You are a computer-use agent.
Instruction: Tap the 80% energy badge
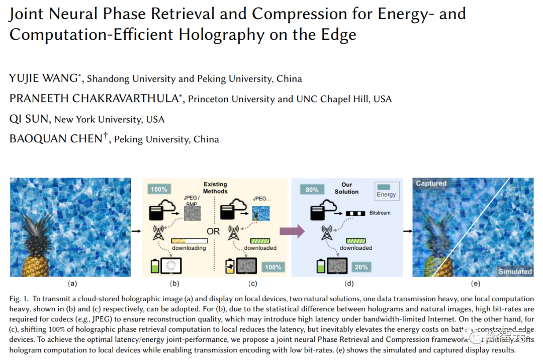tap(312, 190)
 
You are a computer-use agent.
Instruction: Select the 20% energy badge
tap(361, 267)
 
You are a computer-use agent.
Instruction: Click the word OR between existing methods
tap(213, 231)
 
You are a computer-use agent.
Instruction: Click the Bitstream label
tap(380, 213)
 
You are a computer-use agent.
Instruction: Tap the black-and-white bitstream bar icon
tap(357, 213)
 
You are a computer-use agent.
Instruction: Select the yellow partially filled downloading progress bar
tap(189, 241)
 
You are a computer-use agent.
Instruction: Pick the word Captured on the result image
tap(431, 184)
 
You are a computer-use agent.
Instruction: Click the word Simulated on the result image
tap(515, 272)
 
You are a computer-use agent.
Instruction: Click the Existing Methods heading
tap(215, 188)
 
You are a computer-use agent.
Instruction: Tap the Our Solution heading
tap(346, 188)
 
